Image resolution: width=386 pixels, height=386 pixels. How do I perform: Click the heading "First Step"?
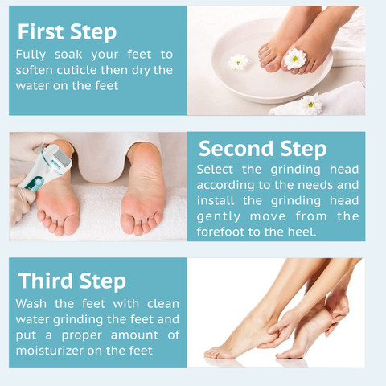[x=67, y=32]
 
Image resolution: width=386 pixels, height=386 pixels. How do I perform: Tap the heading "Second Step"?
[x=263, y=150]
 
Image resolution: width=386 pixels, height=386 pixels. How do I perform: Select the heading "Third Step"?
[x=72, y=281]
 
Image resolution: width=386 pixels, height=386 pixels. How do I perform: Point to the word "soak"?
[x=68, y=55]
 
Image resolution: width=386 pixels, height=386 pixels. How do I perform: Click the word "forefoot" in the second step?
[x=220, y=232]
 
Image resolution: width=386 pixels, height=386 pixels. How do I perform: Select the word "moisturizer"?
[x=50, y=351]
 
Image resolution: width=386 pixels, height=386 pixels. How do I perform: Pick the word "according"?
[x=225, y=186]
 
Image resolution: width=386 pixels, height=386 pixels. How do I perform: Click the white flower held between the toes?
[x=294, y=59]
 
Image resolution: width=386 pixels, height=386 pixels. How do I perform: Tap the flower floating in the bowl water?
[x=239, y=62]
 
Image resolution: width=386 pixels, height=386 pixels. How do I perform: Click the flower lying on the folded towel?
[x=311, y=104]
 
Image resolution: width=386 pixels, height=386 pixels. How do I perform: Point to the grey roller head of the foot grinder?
[x=61, y=158]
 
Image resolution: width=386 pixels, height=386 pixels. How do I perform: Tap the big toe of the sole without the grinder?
[x=128, y=221]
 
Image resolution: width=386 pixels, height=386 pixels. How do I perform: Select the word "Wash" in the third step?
[x=31, y=304]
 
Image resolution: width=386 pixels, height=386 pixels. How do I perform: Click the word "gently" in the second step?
[x=218, y=217]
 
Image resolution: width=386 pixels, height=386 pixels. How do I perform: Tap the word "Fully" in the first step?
[x=31, y=55]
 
